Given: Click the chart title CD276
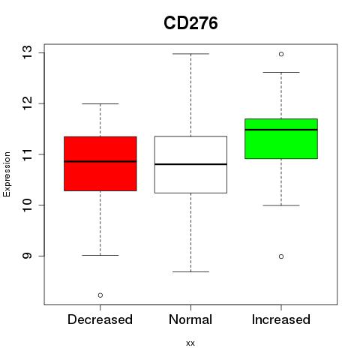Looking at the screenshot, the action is click(x=190, y=23).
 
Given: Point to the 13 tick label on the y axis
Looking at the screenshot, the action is click(x=28, y=52).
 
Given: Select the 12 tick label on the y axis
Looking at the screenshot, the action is click(x=28, y=103).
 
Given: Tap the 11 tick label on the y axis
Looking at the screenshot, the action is click(x=28, y=154).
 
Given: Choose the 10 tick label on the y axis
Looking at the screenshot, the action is click(x=28, y=205).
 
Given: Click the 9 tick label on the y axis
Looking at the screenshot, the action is click(x=28, y=256).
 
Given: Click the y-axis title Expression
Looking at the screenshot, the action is click(x=7, y=174).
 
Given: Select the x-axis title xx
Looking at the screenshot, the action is click(x=190, y=343).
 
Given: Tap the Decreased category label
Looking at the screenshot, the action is click(x=100, y=319).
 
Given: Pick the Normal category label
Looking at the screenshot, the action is click(x=190, y=319).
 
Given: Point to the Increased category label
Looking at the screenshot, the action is click(x=281, y=319).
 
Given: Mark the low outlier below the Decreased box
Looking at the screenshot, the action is click(x=100, y=295).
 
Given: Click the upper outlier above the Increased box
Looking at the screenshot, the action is click(x=281, y=54).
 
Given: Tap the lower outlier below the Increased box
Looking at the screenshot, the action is click(x=281, y=256).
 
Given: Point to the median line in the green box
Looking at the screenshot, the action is click(x=281, y=130).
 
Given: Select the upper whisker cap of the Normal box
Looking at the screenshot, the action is click(x=190, y=54).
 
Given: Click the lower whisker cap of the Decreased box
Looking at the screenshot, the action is click(x=100, y=255).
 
